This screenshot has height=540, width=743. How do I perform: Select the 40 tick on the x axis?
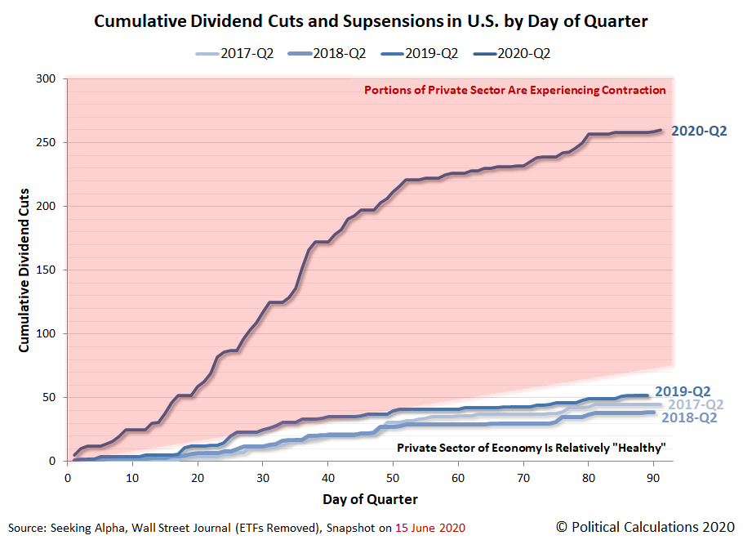coord(327,477)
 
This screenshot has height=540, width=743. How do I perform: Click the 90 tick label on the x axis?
coord(653,477)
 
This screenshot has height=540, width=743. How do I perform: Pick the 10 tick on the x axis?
coord(131,477)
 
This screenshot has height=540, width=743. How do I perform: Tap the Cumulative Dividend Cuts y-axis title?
coord(24,270)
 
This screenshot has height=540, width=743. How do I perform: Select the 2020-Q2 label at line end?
coord(698,131)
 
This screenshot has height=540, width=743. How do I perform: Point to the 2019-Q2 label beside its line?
coord(682,391)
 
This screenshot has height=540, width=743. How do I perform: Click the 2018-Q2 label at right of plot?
coord(690,417)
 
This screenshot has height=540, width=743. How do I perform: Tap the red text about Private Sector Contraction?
coord(514,90)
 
